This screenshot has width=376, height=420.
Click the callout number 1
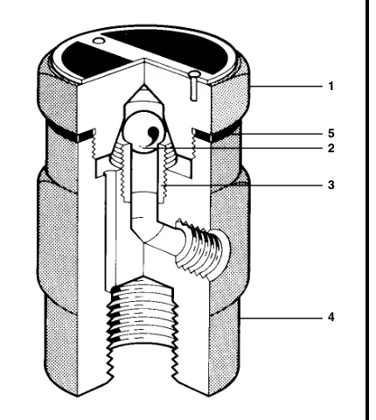(x=331, y=87)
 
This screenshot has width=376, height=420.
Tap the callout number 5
(x=331, y=133)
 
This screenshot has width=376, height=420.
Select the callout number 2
(x=331, y=149)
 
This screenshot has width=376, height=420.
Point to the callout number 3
(x=331, y=185)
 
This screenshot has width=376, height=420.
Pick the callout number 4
(x=331, y=317)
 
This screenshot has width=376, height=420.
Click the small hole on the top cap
(x=99, y=41)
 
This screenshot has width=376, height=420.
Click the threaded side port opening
(x=204, y=250)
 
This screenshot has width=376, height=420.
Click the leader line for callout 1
(x=286, y=87)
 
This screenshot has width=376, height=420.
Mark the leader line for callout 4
(x=282, y=318)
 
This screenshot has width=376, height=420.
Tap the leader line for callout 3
(x=242, y=185)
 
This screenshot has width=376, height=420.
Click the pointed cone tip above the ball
(x=143, y=87)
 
